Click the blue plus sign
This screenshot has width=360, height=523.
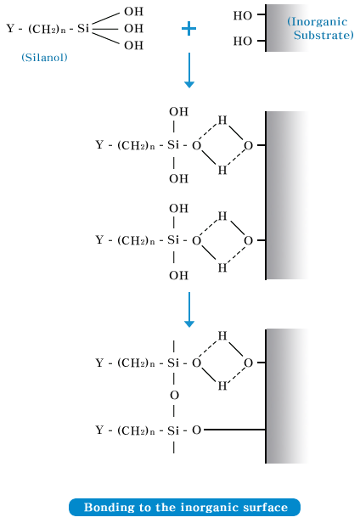188,29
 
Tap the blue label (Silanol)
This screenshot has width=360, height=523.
44,58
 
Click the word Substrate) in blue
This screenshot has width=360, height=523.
323,35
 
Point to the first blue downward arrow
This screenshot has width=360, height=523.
189,70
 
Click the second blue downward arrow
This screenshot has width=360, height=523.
189,310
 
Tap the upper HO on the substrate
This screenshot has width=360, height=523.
243,15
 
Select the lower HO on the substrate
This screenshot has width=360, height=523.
243,41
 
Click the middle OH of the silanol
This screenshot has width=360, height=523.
133,29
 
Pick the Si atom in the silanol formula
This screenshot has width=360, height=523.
83,29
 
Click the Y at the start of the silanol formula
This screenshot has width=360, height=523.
11,29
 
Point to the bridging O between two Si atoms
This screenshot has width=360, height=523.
174,396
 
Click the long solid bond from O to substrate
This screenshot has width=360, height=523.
234,430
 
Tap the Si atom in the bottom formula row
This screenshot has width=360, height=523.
173,430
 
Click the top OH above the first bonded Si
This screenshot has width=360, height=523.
178,111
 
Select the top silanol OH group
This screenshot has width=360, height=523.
133,12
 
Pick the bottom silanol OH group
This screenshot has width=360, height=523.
133,45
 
